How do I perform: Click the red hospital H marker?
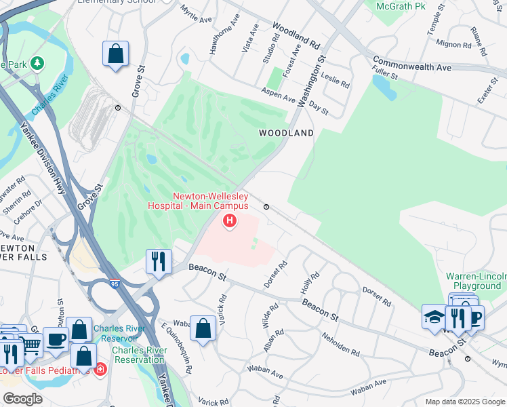pyautogui.click(x=230, y=220)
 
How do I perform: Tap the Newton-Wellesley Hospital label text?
pyautogui.click(x=210, y=201)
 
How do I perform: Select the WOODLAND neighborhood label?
pyautogui.click(x=286, y=134)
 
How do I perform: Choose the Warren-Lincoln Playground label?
pyautogui.click(x=476, y=281)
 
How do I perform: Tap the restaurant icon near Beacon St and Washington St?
pyautogui.click(x=159, y=262)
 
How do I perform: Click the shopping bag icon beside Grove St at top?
pyautogui.click(x=116, y=54)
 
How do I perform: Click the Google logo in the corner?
pyautogui.click(x=22, y=399)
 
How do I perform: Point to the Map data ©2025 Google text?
pyautogui.click(x=465, y=402)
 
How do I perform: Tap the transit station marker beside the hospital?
pyautogui.click(x=266, y=207)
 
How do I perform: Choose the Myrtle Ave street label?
pyautogui.click(x=197, y=14)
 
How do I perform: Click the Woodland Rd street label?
pyautogui.click(x=296, y=35)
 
